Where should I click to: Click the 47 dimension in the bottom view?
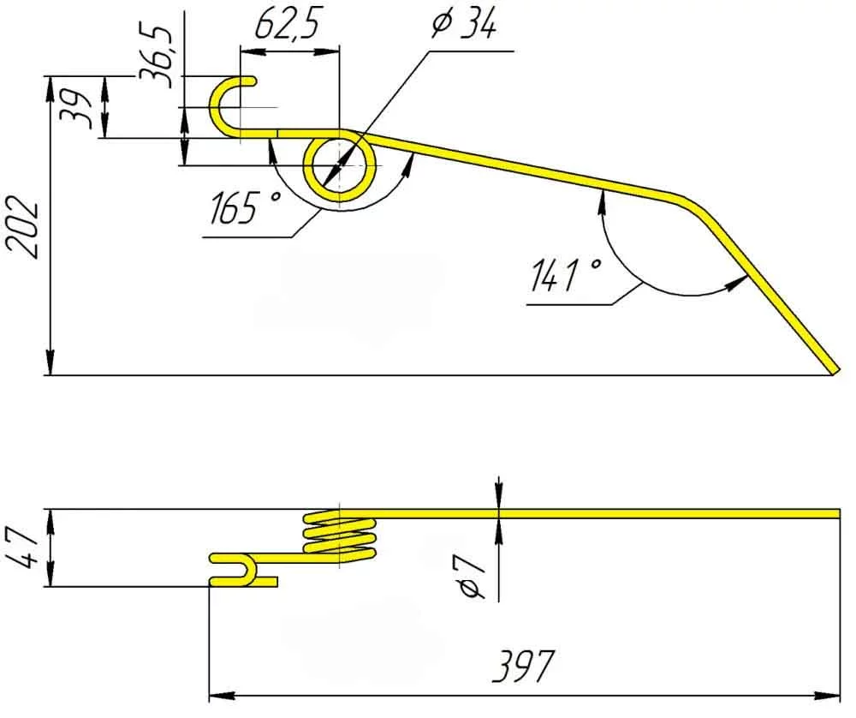[25, 549]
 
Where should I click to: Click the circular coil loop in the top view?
[340, 166]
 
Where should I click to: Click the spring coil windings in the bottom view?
[340, 535]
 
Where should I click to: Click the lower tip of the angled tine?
[832, 369]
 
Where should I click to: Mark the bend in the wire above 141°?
[685, 199]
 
